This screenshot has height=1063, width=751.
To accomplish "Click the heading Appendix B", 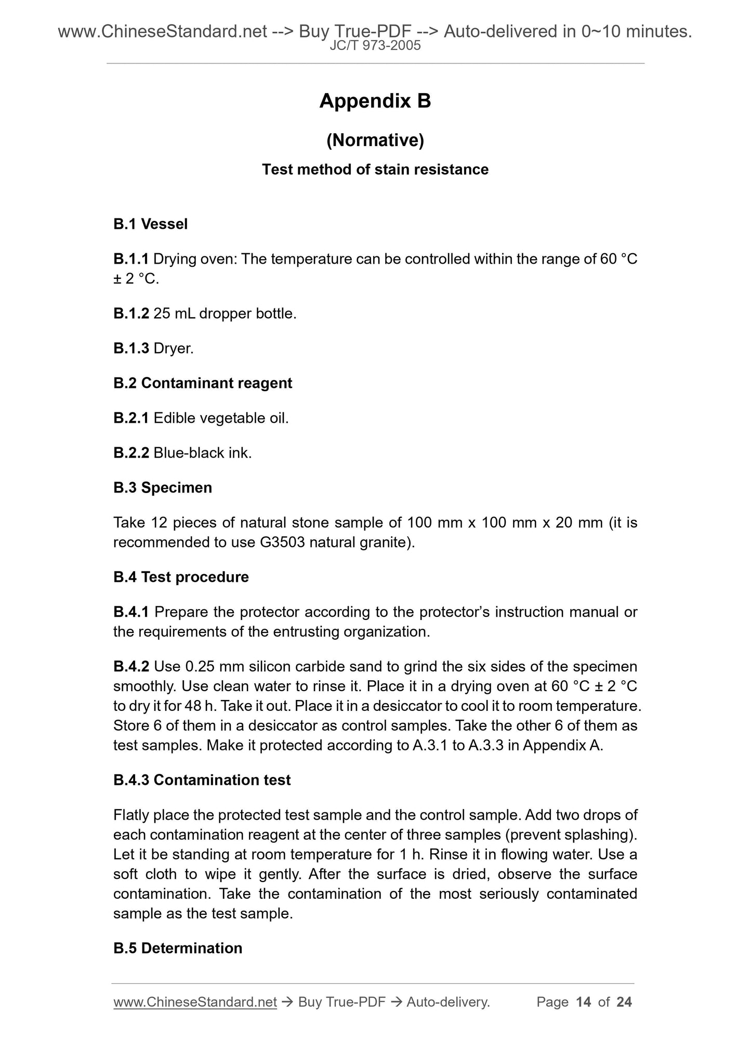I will [375, 101].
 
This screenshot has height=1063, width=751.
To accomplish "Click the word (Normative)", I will [375, 140].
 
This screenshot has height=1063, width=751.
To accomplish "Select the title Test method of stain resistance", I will [375, 170].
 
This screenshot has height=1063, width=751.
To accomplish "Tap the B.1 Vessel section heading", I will [150, 224].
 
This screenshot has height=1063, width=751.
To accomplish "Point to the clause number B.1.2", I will [131, 314].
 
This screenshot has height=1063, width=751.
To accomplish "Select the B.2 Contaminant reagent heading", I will [203, 383].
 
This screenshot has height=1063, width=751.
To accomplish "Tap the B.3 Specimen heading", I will [163, 488].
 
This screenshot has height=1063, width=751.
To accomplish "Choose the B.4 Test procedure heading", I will [181, 577].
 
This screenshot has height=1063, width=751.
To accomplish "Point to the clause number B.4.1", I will [131, 612].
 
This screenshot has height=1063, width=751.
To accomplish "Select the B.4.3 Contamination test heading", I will [202, 780].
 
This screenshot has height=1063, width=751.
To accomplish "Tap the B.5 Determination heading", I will [178, 948].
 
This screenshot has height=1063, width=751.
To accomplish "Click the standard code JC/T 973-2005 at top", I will [375, 46].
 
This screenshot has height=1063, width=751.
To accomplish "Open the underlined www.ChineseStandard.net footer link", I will [195, 1002].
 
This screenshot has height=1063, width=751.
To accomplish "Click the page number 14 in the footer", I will [584, 1002].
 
